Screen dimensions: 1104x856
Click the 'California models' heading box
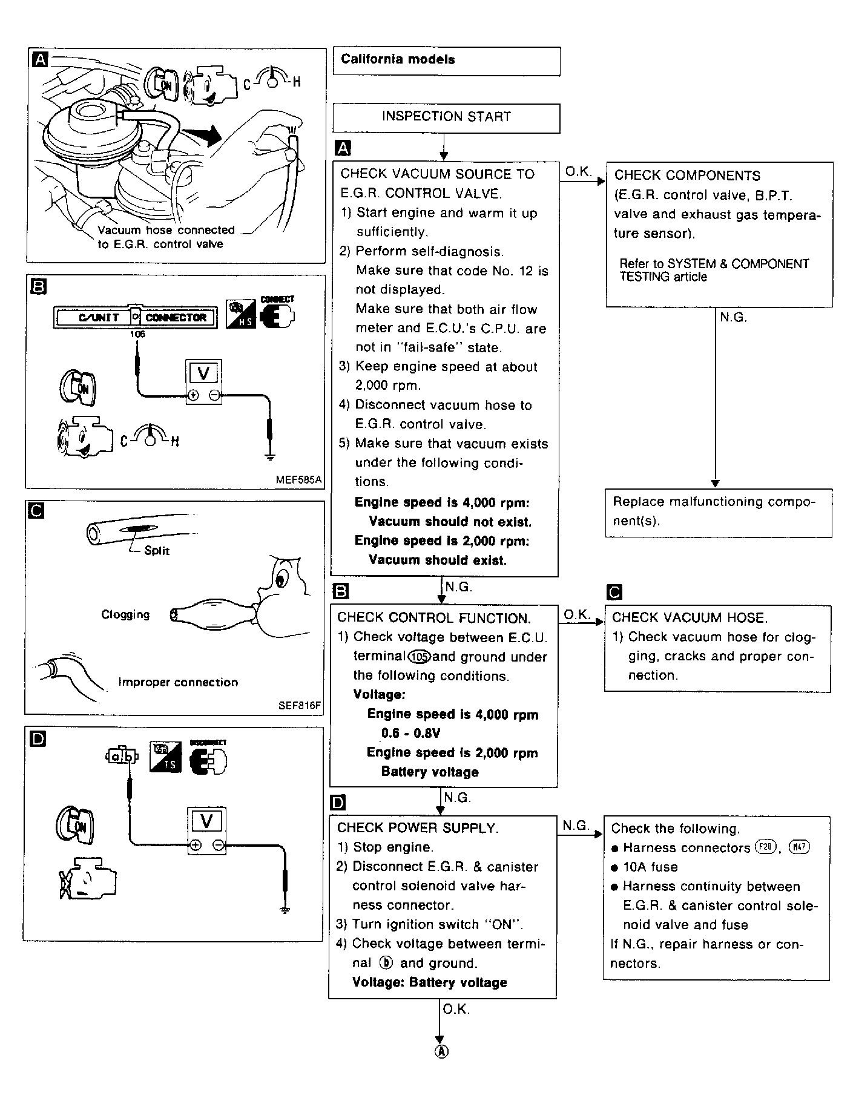(446, 61)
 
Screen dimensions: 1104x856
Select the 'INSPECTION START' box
(446, 117)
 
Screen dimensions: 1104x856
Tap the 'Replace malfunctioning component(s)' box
(719, 512)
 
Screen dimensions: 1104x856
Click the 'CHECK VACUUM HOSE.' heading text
(690, 617)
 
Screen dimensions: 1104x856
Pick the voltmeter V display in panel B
(203, 374)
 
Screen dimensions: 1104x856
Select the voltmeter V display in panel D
(207, 821)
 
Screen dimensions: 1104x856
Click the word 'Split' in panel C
(157, 551)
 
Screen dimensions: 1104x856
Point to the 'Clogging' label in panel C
(125, 614)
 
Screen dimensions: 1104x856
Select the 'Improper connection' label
(178, 682)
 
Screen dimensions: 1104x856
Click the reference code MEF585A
(299, 480)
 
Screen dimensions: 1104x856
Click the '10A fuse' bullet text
(650, 867)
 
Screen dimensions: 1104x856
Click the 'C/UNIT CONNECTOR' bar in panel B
(136, 317)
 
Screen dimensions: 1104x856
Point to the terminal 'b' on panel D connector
(128, 756)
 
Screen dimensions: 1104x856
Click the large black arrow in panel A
(202, 136)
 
